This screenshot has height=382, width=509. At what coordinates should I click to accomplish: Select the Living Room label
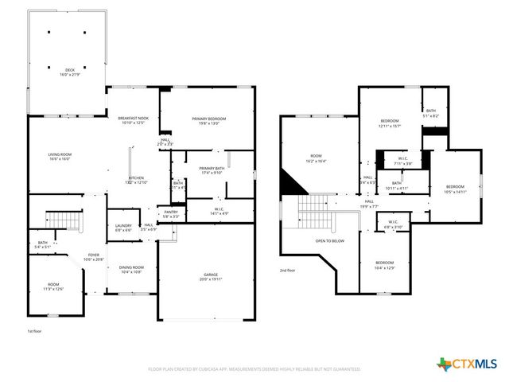click(x=60, y=157)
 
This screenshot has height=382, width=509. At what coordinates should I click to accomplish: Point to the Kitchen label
click(x=137, y=179)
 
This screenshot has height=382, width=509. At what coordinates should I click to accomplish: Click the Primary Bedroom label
click(x=209, y=121)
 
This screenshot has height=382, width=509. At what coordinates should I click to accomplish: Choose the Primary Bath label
click(x=212, y=170)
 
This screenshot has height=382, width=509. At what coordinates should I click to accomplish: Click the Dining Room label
click(x=131, y=270)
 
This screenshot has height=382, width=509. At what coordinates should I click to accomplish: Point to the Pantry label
click(x=171, y=214)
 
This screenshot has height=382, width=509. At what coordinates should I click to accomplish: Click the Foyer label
click(x=94, y=257)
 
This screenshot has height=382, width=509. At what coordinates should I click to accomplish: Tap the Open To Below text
click(x=329, y=240)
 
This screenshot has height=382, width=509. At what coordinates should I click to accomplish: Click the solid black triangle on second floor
click(x=291, y=185)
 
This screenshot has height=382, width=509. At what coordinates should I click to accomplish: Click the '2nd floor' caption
click(x=287, y=271)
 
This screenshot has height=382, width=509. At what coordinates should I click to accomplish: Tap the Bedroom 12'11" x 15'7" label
click(x=389, y=123)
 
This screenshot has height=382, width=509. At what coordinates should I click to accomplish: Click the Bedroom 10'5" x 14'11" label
click(x=456, y=189)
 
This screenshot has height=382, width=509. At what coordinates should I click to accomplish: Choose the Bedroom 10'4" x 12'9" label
click(x=384, y=265)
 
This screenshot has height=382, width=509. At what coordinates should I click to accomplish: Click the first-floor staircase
click(x=61, y=217)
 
